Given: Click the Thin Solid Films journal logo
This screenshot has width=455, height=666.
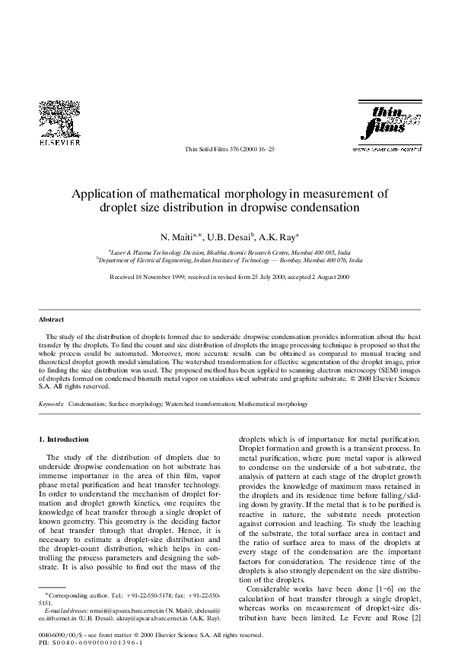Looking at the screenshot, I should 387,123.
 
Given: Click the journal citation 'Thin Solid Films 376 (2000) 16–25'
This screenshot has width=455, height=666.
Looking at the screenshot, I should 229,150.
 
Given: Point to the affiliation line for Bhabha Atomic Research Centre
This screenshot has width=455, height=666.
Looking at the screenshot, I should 229,250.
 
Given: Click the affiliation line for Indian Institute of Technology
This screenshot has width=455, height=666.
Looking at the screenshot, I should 229,258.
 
